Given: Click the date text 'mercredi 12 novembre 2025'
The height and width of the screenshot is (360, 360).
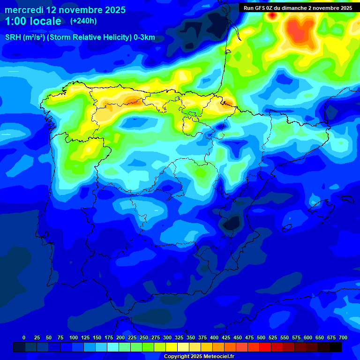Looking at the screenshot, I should click(x=65, y=10).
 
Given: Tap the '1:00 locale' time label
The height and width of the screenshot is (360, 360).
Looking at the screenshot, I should click(x=33, y=21).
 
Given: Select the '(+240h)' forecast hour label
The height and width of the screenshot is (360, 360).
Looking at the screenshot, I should click(x=83, y=21).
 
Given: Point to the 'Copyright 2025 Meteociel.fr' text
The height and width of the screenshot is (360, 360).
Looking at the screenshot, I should click(x=199, y=357).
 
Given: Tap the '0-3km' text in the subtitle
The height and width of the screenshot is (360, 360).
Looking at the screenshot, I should click(x=144, y=37).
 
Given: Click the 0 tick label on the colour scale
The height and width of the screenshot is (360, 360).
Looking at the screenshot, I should click(x=24, y=337).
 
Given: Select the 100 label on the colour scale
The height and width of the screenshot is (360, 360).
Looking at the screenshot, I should click(x=74, y=337).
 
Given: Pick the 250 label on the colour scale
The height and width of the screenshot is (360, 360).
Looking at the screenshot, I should click(x=144, y=337).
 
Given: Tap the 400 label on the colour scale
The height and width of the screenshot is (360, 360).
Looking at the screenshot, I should click(x=214, y=337).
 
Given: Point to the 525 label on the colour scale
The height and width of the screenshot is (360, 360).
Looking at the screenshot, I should click(x=273, y=337).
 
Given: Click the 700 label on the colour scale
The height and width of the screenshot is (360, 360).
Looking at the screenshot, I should click(x=343, y=337).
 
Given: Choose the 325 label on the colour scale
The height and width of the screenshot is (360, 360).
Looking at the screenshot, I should click(x=179, y=337).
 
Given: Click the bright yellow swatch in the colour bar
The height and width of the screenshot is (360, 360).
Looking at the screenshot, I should click(x=172, y=347).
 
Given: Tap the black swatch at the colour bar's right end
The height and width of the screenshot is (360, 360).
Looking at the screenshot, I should click(x=336, y=347).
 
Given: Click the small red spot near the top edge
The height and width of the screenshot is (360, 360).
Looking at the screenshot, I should click(x=272, y=15).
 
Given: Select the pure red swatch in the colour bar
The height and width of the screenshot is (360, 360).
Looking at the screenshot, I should click(x=265, y=347).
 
